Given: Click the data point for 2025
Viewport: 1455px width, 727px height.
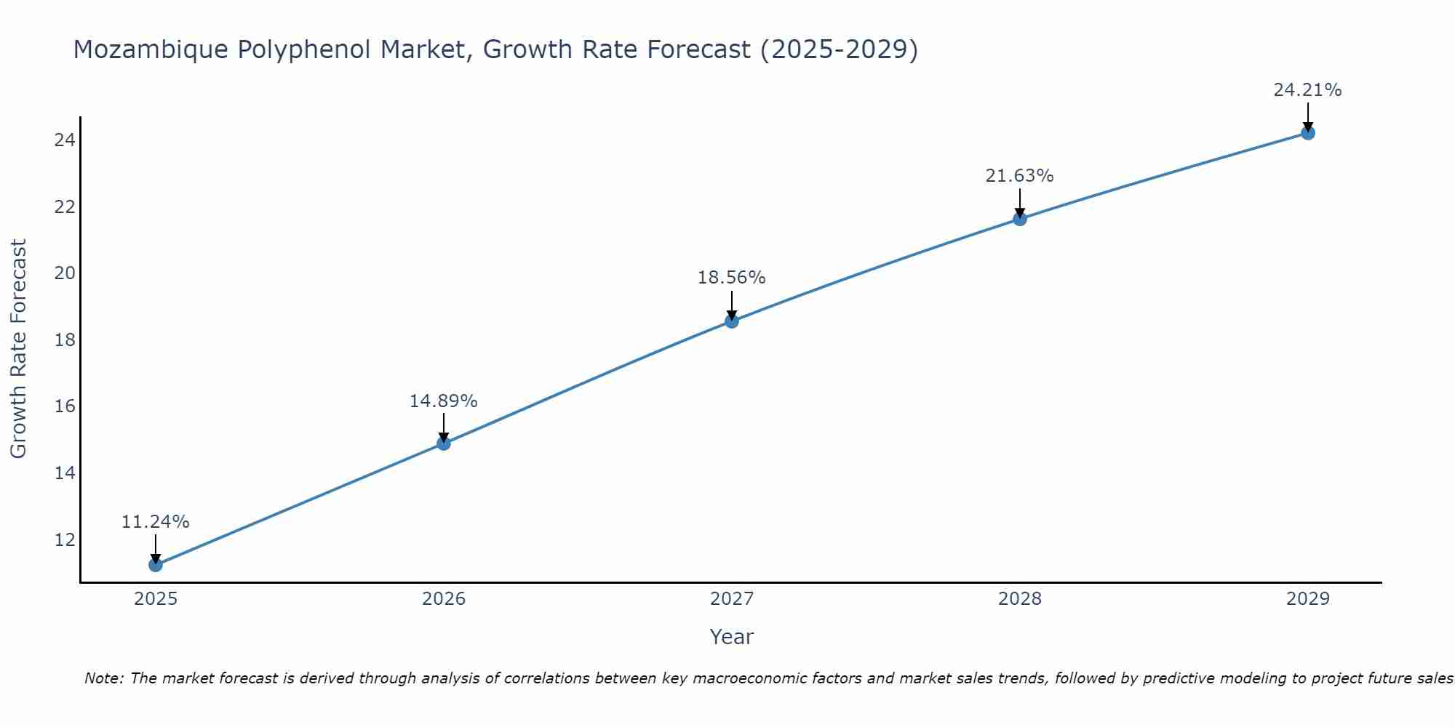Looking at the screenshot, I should coord(155,565).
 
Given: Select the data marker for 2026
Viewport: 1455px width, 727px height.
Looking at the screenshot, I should coord(444,443).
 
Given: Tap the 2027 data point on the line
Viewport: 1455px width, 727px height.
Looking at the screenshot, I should coord(732,321).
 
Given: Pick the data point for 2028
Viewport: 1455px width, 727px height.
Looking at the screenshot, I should coord(1020,219).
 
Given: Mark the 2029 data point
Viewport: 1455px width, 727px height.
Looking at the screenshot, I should coord(1308,133).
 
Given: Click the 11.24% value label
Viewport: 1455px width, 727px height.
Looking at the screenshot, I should coord(155,522).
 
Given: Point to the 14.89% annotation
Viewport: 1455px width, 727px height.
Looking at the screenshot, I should coord(443,401).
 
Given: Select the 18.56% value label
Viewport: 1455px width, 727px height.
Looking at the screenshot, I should coord(731,278).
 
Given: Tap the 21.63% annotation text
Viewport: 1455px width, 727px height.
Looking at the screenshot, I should coord(1019,176).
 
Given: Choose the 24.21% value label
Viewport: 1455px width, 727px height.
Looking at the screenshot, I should coord(1307,90).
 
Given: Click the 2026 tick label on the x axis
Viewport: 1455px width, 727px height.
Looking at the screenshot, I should coord(444,599).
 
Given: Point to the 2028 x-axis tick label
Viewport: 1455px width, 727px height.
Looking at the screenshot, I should coord(1020,599).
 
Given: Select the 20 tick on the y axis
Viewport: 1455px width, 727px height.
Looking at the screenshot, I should coord(65,273).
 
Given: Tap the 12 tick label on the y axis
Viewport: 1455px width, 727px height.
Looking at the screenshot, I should coord(65,540).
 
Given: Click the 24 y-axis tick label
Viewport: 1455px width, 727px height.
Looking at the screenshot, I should coord(65,140).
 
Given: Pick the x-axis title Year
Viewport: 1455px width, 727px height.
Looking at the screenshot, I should coord(731,637).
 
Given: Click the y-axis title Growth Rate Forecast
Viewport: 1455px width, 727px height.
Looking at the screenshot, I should coord(18,349).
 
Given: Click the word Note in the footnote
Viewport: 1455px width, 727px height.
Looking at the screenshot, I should coord(105,678).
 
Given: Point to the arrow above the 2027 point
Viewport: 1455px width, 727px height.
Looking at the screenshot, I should coord(732,304).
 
